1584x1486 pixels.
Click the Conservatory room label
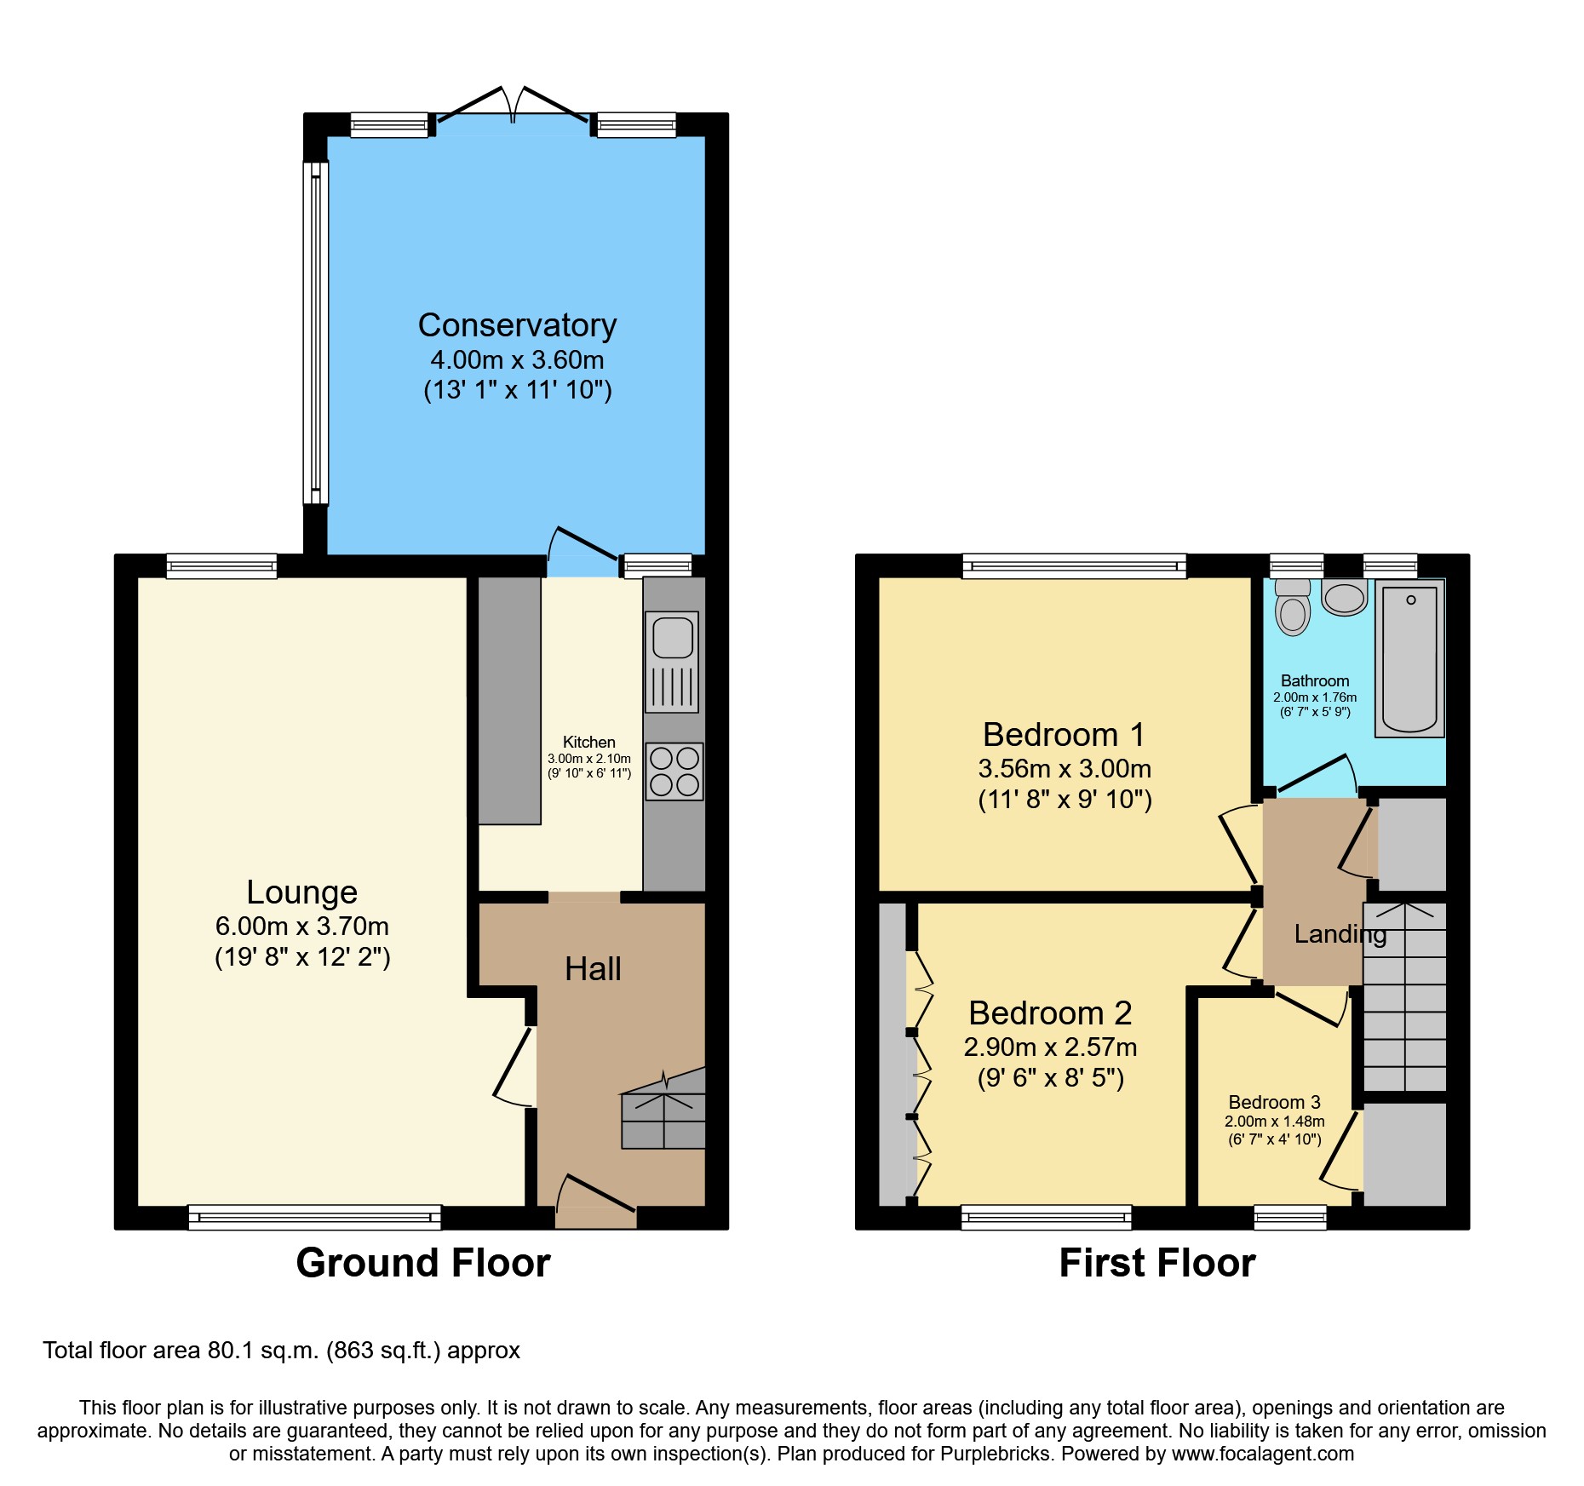click(x=517, y=325)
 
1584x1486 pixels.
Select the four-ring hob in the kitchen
click(x=674, y=772)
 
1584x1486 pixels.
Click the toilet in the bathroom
click(x=1293, y=609)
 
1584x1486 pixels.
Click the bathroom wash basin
click(x=1345, y=597)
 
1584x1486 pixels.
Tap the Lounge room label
click(x=301, y=892)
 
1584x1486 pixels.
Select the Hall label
click(x=593, y=969)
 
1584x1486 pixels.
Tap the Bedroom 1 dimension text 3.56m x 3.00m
click(x=1065, y=769)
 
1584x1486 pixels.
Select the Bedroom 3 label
click(x=1274, y=1102)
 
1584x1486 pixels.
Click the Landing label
click(x=1340, y=934)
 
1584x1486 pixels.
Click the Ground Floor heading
click(x=423, y=1263)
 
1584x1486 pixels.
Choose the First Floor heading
click(x=1156, y=1263)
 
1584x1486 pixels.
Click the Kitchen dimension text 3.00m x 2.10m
click(x=588, y=759)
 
